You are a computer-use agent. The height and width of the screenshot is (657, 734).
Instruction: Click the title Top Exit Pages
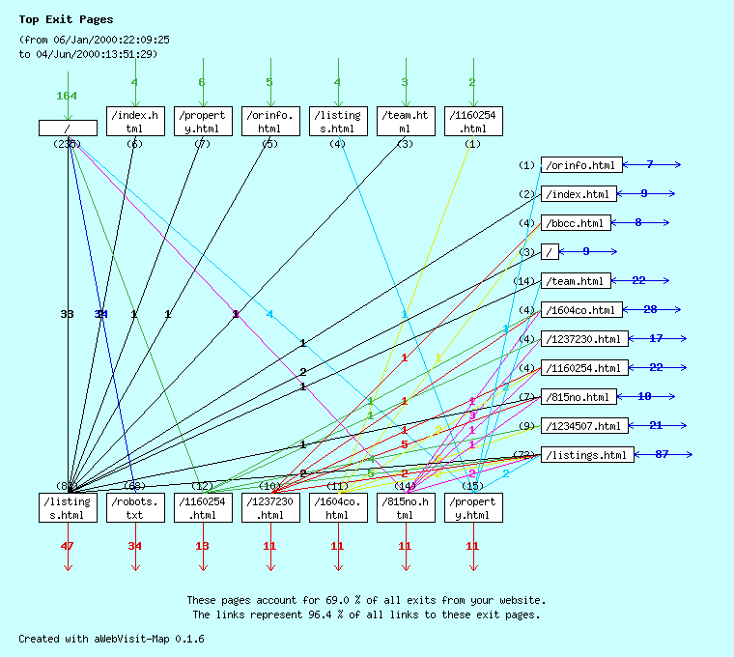point(66,19)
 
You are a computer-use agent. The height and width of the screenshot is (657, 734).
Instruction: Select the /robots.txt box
point(134,508)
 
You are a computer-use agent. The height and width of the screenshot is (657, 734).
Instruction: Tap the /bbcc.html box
point(576,223)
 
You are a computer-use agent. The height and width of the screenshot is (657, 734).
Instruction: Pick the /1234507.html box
point(583,426)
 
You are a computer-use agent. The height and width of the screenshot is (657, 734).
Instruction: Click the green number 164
point(67,96)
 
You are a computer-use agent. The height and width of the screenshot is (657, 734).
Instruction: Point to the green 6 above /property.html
point(202,82)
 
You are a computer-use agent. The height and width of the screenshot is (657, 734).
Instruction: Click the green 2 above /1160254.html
point(472,82)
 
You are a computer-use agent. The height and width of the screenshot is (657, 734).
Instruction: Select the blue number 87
point(662,454)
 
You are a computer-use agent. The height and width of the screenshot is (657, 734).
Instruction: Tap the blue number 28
point(650,309)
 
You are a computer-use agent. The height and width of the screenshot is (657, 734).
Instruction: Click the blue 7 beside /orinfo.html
point(650,164)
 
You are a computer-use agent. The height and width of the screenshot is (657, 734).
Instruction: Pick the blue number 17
point(656,338)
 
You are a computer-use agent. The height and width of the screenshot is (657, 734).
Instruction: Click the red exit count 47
point(67,546)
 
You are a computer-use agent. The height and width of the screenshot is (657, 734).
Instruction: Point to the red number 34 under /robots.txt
point(134,546)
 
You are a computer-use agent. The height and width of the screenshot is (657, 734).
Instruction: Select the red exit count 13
point(202,546)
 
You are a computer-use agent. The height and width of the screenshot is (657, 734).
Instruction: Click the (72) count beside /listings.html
point(525,454)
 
